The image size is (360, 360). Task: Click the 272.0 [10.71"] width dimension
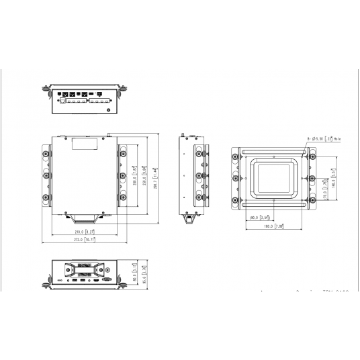[x=84, y=238]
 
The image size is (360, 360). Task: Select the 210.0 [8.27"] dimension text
[x=84, y=231]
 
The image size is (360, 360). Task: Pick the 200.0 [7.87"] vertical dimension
[x=135, y=179]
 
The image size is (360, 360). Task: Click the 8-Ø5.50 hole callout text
[x=324, y=138]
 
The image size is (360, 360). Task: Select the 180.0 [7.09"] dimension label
[x=275, y=226]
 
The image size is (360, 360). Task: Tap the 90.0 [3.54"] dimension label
[x=259, y=218]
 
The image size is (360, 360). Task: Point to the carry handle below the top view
[x=84, y=216]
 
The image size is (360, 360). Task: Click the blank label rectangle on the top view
[x=84, y=143]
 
